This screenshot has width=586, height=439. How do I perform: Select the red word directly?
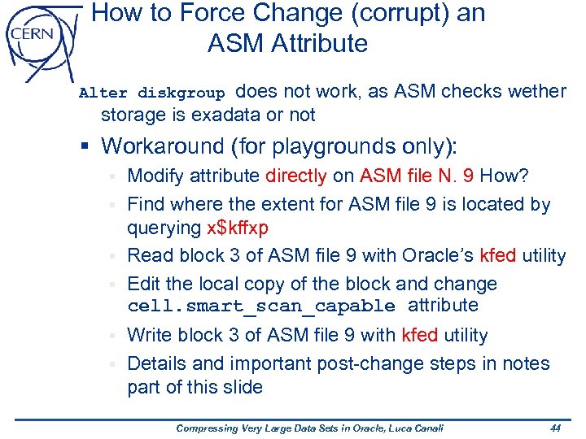pyautogui.click(x=296, y=176)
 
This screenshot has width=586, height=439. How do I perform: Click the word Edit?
pyautogui.click(x=145, y=285)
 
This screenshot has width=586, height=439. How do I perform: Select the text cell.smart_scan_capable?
pyautogui.click(x=261, y=306)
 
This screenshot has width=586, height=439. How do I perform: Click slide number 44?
pyautogui.click(x=556, y=428)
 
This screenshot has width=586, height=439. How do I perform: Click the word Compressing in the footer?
pyautogui.click(x=202, y=428)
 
